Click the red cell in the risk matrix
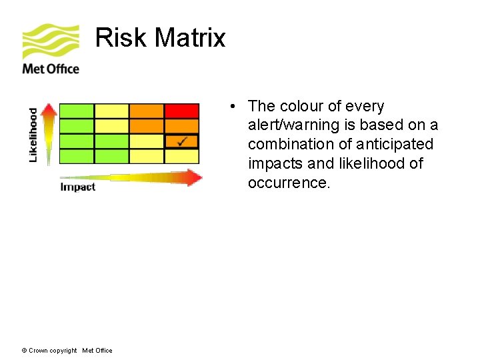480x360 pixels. (181, 111)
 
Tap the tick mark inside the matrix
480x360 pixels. (183, 141)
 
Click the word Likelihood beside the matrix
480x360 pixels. (33, 135)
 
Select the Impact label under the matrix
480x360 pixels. (77, 187)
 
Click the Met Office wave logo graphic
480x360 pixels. (50, 41)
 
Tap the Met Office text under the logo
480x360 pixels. (51, 69)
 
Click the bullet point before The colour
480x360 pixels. (229, 107)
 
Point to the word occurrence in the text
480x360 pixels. (289, 183)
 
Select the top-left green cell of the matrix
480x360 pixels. (77, 111)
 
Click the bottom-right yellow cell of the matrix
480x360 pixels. (181, 156)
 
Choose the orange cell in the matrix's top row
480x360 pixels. (147, 111)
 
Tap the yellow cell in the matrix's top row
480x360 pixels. (111, 111)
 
